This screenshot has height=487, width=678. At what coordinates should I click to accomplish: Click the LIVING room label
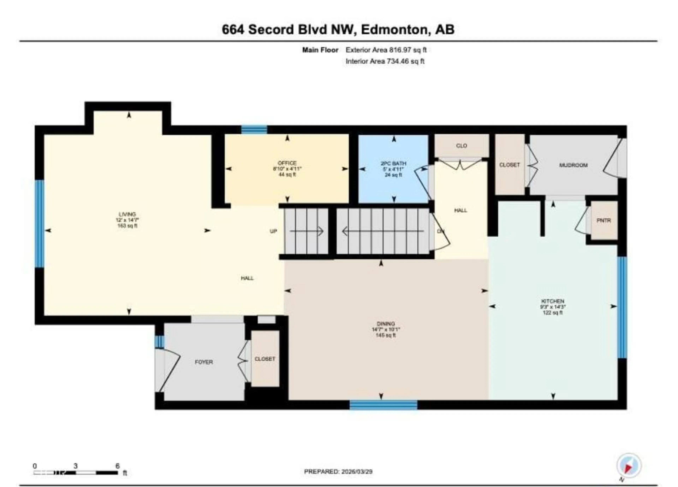coord(127,214)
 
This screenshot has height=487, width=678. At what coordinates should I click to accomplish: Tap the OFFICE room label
coord(287,163)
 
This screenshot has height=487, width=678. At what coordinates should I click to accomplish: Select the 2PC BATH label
coord(393,164)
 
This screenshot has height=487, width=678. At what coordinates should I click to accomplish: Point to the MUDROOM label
coord(573,165)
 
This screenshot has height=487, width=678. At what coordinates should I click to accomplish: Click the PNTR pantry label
coord(603,220)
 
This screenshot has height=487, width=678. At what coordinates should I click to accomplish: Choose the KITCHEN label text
coord(552,301)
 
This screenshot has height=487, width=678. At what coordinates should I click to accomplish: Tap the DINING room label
coord(386,324)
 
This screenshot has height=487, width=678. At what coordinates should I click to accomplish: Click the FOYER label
coord(204,362)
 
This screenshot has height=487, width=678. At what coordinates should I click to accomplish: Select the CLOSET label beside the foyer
coord(265,359)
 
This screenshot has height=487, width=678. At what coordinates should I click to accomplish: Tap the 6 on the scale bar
coord(117,466)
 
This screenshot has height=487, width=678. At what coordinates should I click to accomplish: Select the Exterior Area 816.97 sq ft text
coord(386,50)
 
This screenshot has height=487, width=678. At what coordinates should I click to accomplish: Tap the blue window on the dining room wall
coord(383,405)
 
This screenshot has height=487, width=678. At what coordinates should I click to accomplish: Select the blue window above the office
coord(254,129)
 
